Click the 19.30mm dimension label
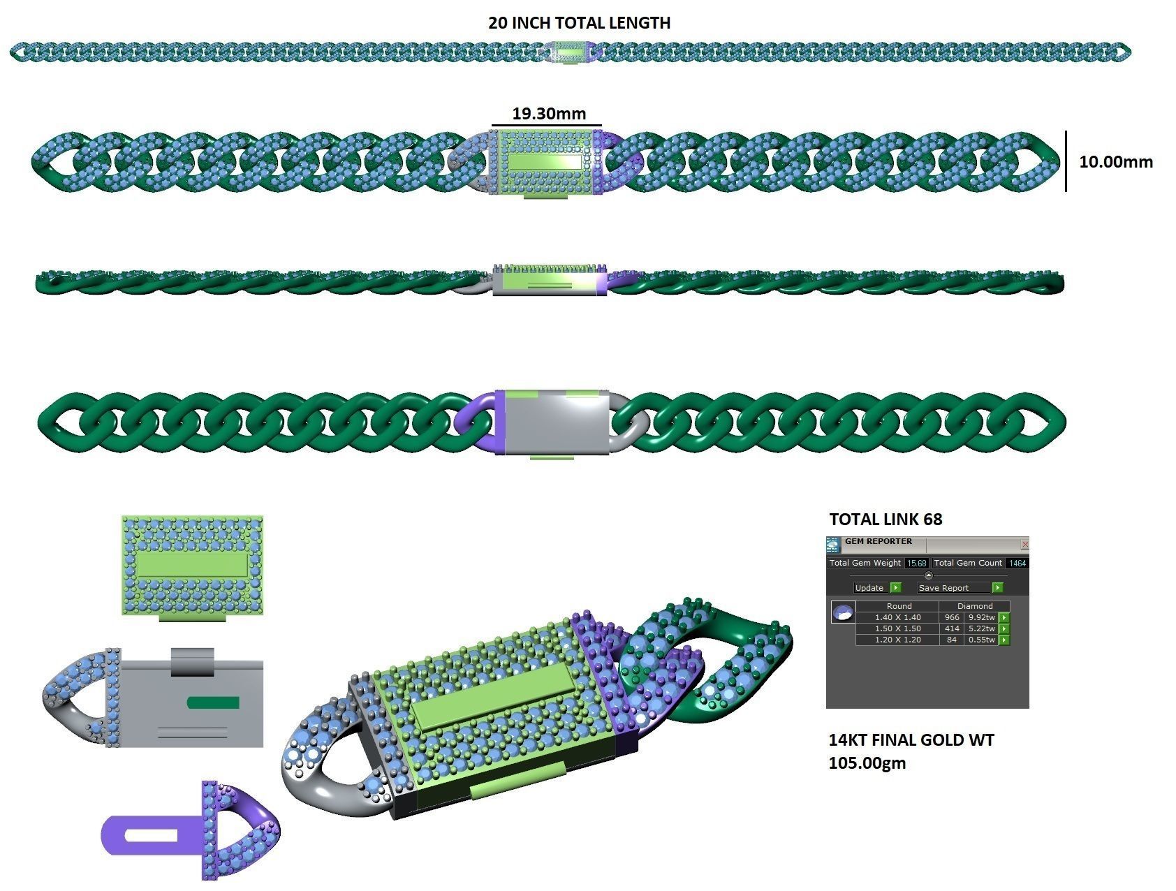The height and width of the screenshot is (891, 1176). (549, 113)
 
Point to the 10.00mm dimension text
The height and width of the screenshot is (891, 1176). (1115, 162)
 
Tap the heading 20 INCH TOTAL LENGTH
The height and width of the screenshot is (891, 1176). (579, 23)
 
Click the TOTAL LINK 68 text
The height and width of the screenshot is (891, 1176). (885, 520)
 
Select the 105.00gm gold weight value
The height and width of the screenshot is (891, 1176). (867, 763)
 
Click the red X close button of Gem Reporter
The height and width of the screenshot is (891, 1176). (1024, 544)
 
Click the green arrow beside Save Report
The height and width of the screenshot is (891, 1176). (998, 588)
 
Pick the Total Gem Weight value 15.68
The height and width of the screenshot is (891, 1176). (916, 563)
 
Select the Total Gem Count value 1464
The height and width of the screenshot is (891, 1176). (1017, 563)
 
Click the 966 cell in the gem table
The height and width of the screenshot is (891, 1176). (951, 617)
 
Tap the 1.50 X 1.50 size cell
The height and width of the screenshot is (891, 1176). (897, 628)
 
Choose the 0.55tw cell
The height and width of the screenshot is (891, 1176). (981, 640)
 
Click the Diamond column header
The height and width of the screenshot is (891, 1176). (975, 606)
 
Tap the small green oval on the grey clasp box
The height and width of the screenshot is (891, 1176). (214, 702)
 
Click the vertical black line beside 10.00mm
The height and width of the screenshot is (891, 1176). (1066, 161)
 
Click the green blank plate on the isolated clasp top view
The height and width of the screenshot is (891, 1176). (192, 565)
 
